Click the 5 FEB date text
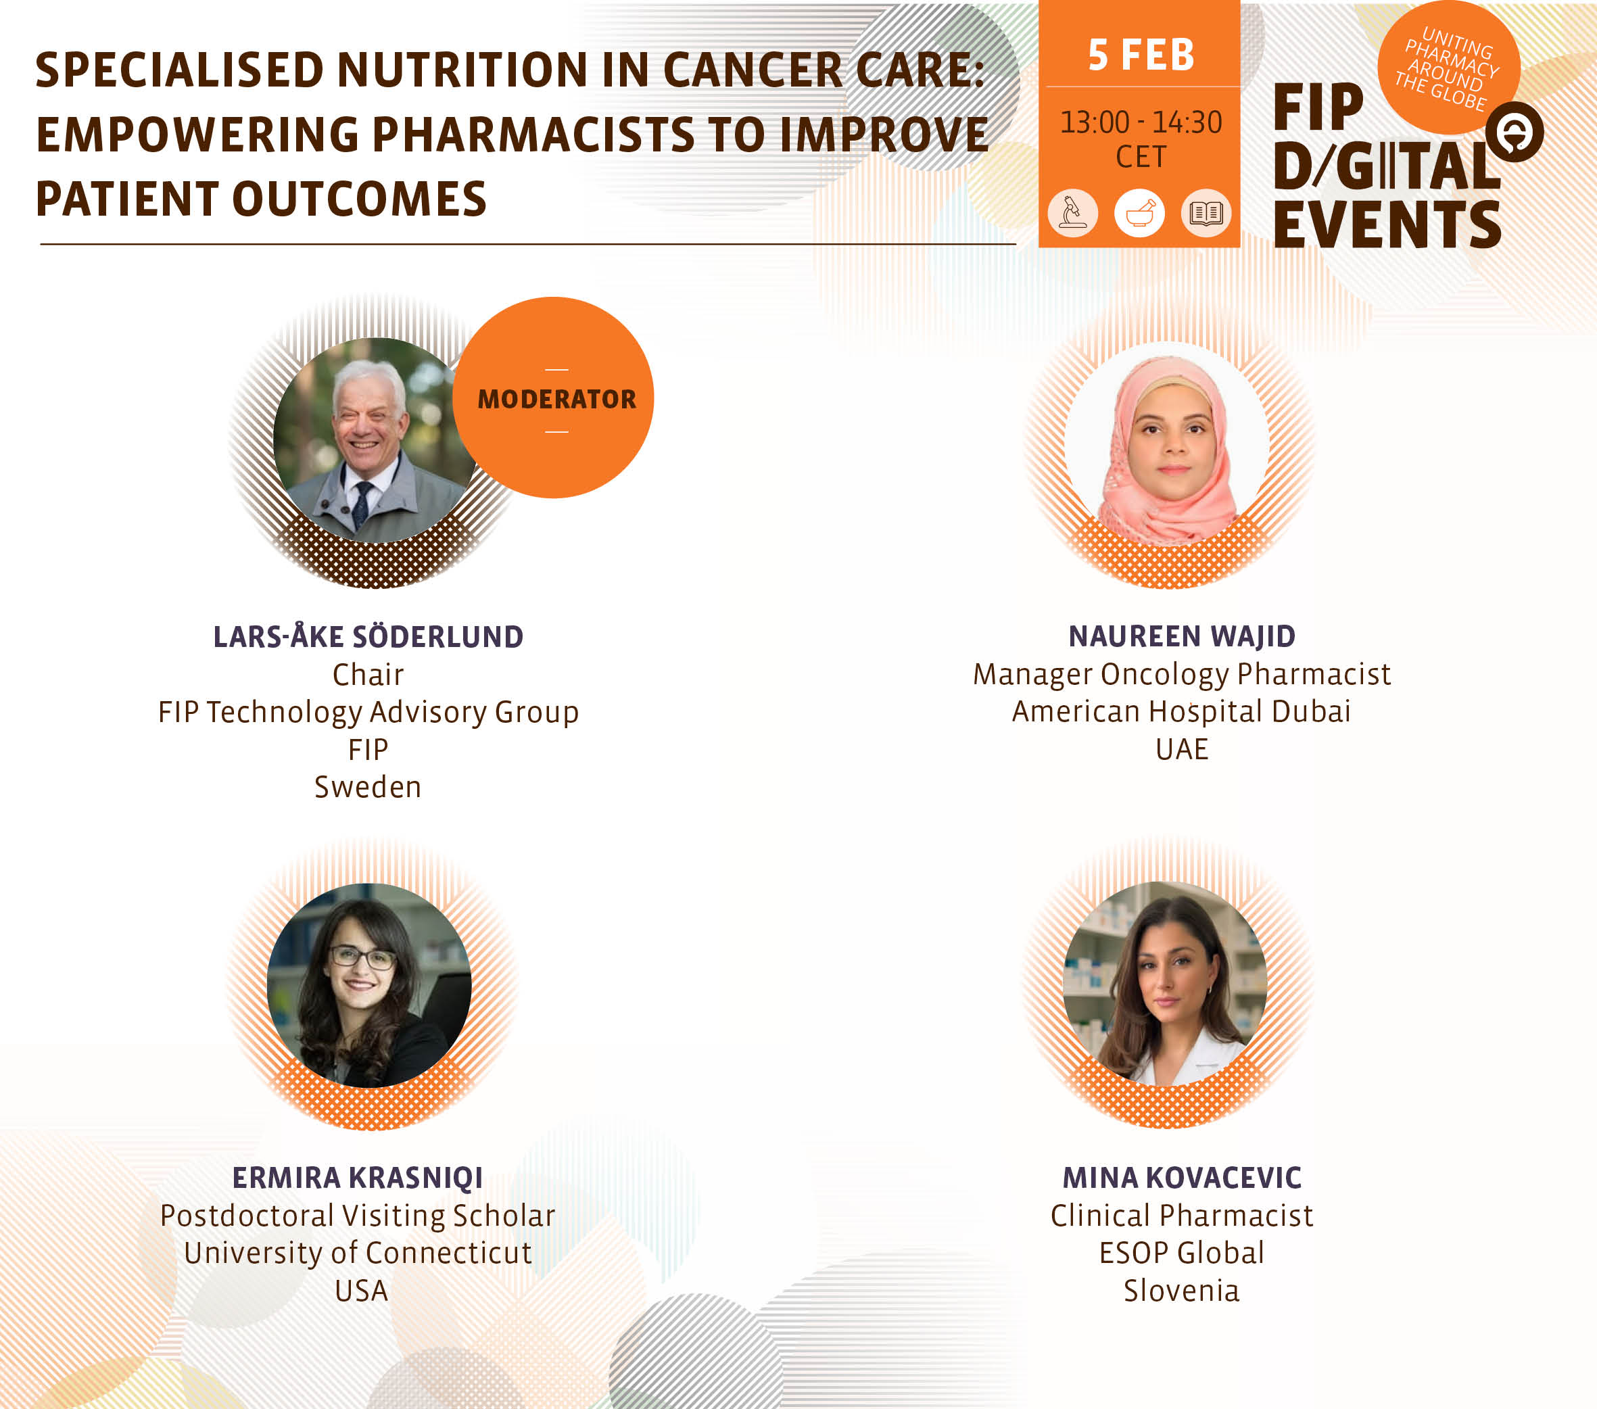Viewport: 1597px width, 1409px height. (1141, 55)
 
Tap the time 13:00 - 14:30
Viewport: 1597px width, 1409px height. (1141, 122)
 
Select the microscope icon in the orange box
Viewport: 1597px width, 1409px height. (1073, 212)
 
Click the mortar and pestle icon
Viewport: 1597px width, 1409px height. (1139, 212)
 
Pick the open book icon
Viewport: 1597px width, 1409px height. (1206, 212)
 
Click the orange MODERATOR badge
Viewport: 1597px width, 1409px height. (553, 398)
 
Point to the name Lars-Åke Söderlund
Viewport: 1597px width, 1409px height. (368, 636)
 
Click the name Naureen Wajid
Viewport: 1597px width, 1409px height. (1181, 636)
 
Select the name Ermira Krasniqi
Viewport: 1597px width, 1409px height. (358, 1178)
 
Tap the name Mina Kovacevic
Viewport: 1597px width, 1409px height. (1181, 1178)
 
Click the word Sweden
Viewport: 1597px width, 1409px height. (368, 787)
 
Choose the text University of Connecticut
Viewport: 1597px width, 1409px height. (358, 1253)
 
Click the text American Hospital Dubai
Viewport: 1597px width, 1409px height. (1181, 711)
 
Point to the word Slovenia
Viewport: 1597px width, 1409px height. (1181, 1290)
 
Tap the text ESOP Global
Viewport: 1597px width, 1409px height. (1181, 1253)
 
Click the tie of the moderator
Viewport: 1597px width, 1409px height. (362, 504)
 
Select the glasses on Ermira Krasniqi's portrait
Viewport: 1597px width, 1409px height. (362, 957)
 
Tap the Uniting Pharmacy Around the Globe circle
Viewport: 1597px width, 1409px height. (1448, 67)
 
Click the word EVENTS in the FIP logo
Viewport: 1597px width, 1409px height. (1387, 225)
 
